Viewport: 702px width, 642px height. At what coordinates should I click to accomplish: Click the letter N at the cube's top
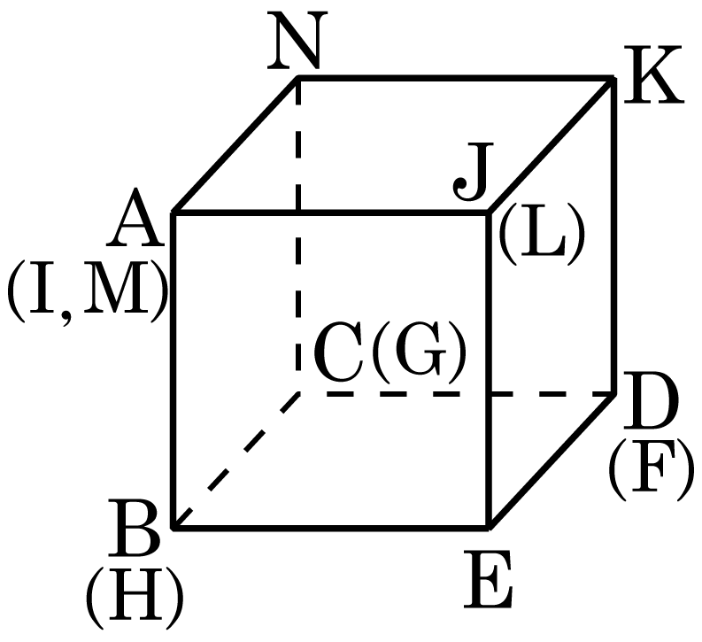[x=297, y=41]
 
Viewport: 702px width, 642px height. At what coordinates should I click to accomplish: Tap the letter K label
[x=653, y=74]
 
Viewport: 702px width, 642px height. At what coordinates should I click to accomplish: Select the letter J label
[x=474, y=172]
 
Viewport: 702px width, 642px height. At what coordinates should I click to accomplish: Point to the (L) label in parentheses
[x=541, y=234]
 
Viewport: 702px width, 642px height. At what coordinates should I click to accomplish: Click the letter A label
[x=135, y=217]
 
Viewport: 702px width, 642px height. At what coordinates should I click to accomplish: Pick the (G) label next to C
[x=419, y=352]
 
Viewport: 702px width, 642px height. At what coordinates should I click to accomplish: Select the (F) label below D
[x=652, y=470]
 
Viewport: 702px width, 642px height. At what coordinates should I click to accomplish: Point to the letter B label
[x=134, y=528]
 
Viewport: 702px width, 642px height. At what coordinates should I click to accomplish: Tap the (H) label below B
[x=135, y=598]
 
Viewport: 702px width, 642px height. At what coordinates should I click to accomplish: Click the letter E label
[x=488, y=579]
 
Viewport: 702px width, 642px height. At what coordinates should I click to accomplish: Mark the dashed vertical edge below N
[x=298, y=236]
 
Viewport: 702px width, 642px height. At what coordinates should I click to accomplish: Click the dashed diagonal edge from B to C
[x=236, y=461]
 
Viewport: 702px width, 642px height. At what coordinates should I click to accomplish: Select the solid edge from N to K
[x=456, y=79]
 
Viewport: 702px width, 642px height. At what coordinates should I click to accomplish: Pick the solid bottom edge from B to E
[x=331, y=528]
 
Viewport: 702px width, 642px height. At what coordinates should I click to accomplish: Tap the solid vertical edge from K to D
[x=613, y=236]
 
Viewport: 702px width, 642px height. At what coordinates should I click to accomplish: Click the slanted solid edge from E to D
[x=552, y=460]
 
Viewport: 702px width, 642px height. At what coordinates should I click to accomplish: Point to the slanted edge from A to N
[x=235, y=145]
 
